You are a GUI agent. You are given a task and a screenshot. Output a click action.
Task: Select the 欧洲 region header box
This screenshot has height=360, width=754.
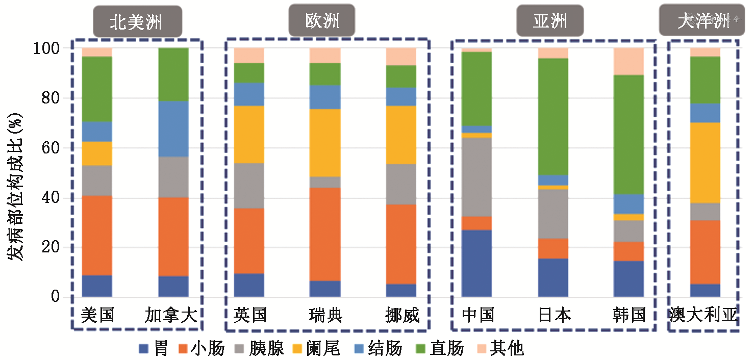click(x=322, y=21)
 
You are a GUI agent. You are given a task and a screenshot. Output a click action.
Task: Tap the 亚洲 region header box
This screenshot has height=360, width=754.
click(x=550, y=21)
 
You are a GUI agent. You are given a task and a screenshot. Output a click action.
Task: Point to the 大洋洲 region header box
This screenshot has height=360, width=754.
click(x=703, y=20)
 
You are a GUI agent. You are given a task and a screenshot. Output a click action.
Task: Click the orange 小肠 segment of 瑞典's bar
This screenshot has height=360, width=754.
click(x=325, y=234)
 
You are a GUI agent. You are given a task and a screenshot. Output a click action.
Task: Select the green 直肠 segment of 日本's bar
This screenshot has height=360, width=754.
click(x=553, y=116)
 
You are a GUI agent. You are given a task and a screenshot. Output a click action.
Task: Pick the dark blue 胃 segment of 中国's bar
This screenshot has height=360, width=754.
click(x=476, y=263)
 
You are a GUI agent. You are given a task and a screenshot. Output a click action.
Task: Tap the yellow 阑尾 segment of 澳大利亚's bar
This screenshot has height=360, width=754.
click(x=705, y=163)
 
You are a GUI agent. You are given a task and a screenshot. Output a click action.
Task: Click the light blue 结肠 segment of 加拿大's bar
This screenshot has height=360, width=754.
click(x=173, y=128)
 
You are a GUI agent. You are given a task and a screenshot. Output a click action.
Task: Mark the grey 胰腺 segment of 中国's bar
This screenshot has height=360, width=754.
click(x=476, y=177)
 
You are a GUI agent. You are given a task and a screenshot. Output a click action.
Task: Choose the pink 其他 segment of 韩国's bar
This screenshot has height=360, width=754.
click(x=629, y=61)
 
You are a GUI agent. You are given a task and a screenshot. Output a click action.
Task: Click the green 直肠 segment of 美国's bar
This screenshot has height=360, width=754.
click(x=97, y=89)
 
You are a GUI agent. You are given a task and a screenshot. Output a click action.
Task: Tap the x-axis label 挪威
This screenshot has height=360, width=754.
click(x=403, y=315)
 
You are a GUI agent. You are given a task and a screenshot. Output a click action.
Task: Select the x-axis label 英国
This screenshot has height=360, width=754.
click(x=250, y=315)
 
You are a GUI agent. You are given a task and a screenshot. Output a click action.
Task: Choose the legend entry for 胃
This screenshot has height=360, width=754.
click(x=154, y=349)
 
